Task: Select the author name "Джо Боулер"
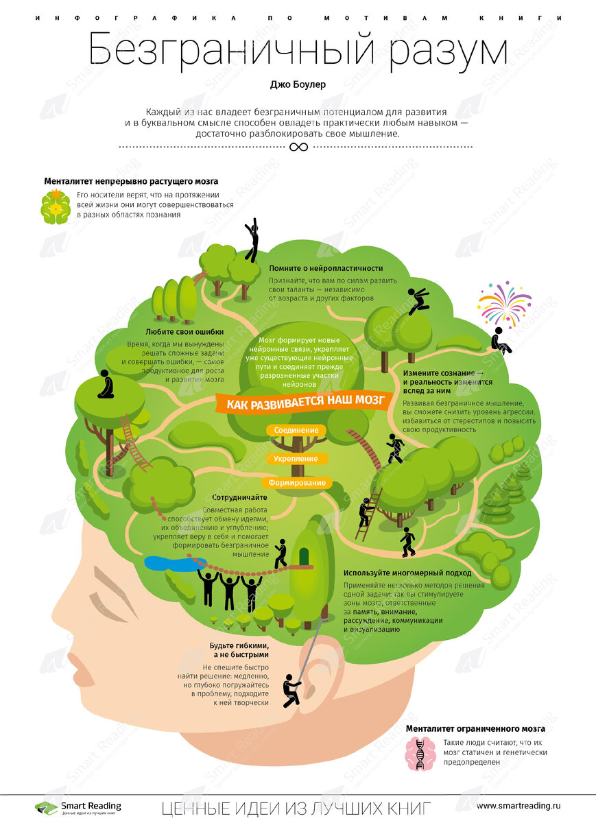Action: click(298, 86)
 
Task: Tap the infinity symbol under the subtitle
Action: click(298, 147)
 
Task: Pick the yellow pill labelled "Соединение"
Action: click(296, 430)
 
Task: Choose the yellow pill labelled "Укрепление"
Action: click(296, 458)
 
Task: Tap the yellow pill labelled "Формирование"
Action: click(296, 483)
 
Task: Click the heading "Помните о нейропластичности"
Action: click(326, 268)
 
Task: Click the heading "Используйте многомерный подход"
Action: click(407, 572)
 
